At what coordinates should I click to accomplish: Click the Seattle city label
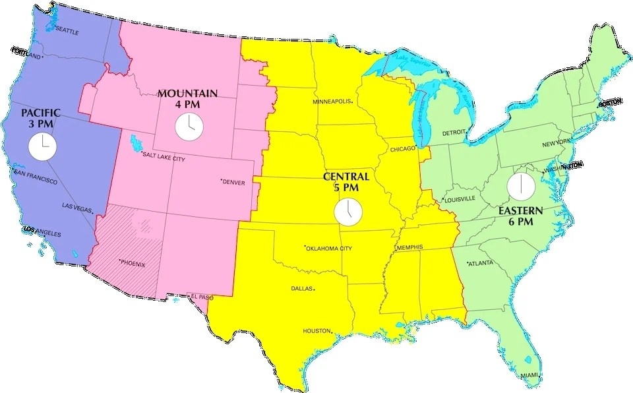[x=67, y=30]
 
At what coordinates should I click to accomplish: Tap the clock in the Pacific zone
[x=42, y=146]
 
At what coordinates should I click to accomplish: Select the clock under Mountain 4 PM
[x=189, y=126]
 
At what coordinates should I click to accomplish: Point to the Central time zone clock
[x=347, y=212]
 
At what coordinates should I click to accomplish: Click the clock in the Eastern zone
[x=520, y=185]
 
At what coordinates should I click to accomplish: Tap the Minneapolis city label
[x=332, y=102]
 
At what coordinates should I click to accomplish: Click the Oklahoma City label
[x=329, y=249]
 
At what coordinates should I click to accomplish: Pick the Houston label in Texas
[x=316, y=330]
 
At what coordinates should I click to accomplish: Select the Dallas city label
[x=302, y=288]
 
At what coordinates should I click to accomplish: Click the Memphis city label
[x=409, y=247]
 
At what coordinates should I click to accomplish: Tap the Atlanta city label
[x=481, y=264]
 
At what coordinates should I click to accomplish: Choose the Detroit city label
[x=454, y=133]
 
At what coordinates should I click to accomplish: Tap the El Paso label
[x=202, y=297]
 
